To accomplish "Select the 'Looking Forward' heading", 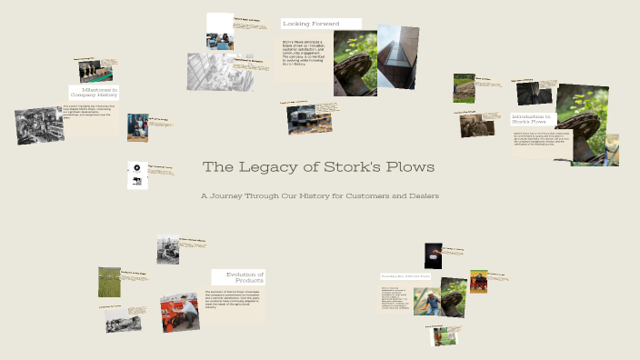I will pyautogui.click(x=311, y=24).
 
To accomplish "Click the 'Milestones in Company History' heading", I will pyautogui.click(x=95, y=92).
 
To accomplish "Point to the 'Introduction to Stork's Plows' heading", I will pyautogui.click(x=531, y=118).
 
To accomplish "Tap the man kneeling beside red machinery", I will pyautogui.click(x=180, y=312).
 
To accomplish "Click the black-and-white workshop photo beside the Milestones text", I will pyautogui.click(x=39, y=125).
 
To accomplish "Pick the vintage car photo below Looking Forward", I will pyautogui.click(x=302, y=119).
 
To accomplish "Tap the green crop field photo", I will pyautogui.click(x=109, y=282).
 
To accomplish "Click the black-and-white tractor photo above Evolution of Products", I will pyautogui.click(x=168, y=250).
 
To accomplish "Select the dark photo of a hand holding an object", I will pyautogui.click(x=433, y=256).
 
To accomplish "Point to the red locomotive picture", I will pyautogui.click(x=478, y=281).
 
